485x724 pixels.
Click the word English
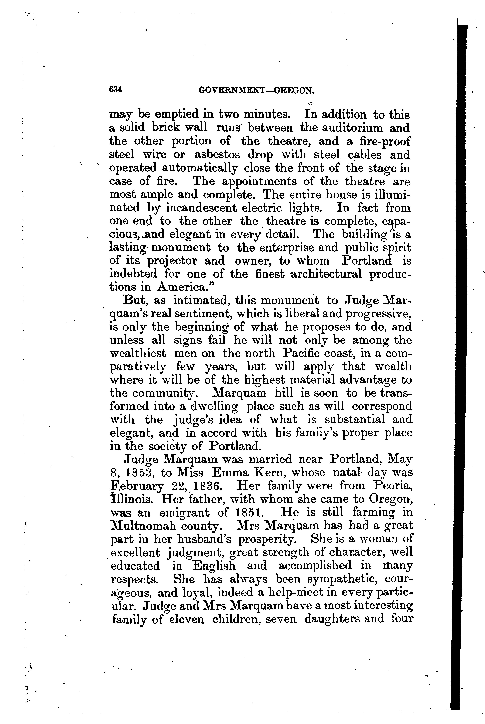coord(214,566)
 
